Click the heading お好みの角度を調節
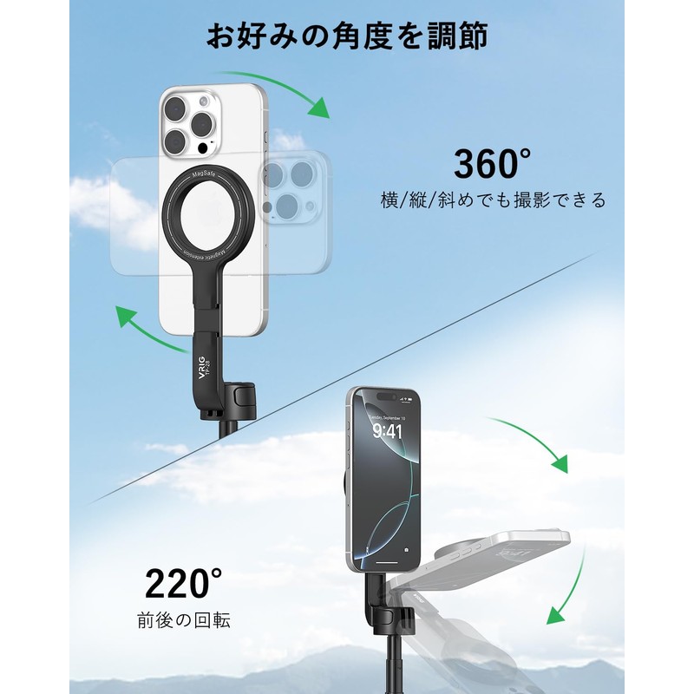(346, 36)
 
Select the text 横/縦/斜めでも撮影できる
(494, 200)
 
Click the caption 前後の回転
(184, 621)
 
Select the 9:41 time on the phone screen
(387, 430)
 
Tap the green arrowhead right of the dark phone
(560, 462)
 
